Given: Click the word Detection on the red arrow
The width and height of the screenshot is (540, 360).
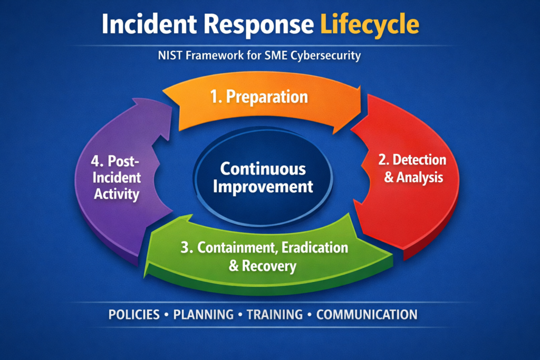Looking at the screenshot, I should (x=420, y=160).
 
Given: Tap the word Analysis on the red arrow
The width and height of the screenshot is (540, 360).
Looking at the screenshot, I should (x=420, y=177).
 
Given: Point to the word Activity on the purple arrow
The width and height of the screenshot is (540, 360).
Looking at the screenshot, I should (x=117, y=193).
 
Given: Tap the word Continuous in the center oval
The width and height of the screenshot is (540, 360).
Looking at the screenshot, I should (x=263, y=169).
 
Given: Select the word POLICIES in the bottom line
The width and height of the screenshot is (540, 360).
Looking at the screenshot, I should (x=134, y=315).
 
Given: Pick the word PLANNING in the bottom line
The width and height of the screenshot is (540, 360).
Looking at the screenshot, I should (x=203, y=315).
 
